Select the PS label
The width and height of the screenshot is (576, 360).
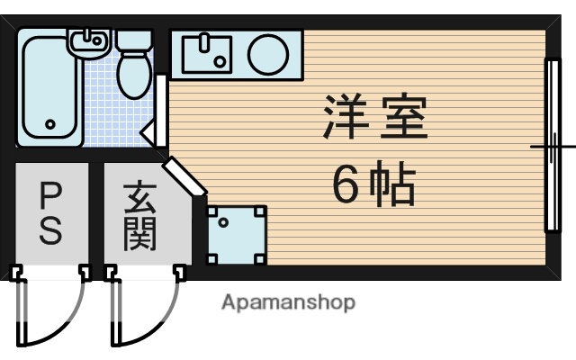tap(50, 213)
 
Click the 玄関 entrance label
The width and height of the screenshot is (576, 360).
tap(140, 216)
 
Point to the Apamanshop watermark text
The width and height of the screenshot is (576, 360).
tap(288, 302)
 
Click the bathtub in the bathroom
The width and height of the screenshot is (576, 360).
tap(50, 90)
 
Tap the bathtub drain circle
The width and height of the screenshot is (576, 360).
tap(50, 125)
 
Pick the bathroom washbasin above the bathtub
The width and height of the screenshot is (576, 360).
tap(88, 40)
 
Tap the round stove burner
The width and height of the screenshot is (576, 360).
tap(268, 54)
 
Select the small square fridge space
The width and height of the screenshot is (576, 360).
tap(237, 234)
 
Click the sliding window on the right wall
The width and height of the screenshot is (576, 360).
tap(551, 146)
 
